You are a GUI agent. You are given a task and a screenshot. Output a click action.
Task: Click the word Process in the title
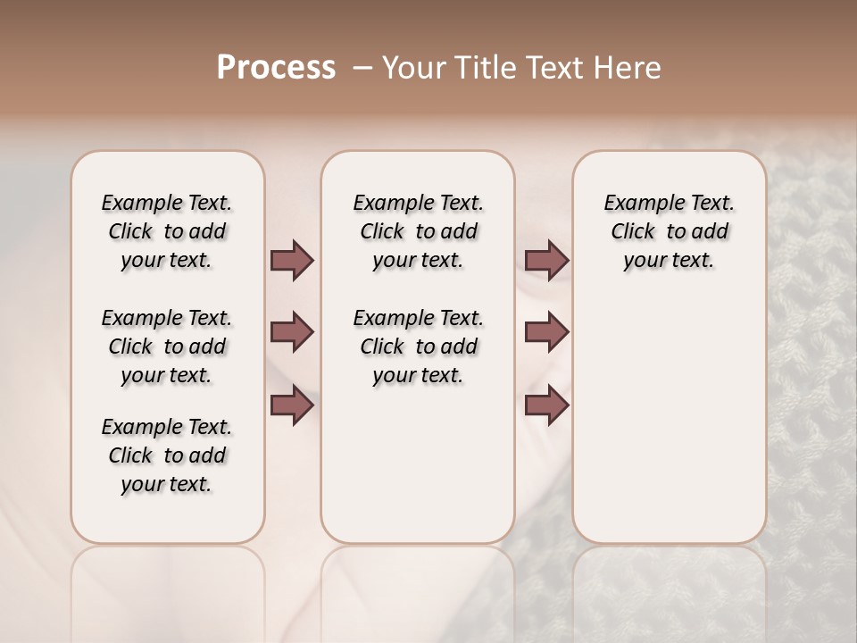click(275, 68)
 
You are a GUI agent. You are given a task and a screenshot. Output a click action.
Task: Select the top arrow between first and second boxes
click(292, 261)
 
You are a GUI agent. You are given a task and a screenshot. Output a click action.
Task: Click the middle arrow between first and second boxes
click(292, 332)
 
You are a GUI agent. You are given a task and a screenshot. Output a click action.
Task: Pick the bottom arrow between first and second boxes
click(292, 405)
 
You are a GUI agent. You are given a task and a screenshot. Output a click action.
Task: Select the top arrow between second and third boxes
click(546, 261)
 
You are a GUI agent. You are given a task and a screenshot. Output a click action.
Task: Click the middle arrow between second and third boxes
click(546, 332)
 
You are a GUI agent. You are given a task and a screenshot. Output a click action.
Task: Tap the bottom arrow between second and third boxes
click(546, 405)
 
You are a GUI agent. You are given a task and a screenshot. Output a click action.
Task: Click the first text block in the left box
click(167, 231)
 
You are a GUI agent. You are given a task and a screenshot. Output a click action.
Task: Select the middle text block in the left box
click(167, 347)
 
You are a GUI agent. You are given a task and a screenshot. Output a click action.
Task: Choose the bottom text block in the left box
click(167, 455)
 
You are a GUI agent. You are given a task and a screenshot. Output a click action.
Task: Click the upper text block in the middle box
click(418, 231)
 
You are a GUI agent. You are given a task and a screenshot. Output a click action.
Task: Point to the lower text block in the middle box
click(418, 347)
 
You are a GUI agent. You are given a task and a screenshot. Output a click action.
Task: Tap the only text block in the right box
click(669, 231)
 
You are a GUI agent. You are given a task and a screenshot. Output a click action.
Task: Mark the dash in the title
click(362, 68)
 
